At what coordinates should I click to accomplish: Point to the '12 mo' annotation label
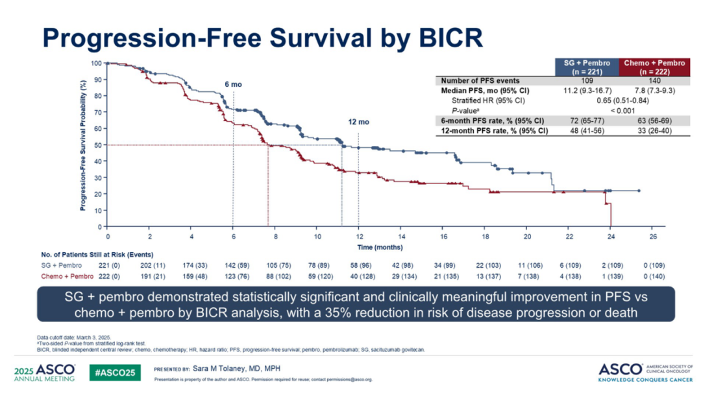click(358, 122)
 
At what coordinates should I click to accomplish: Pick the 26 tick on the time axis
click(653, 237)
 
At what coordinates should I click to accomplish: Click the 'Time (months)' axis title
click(380, 247)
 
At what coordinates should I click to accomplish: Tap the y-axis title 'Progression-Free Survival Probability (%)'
click(84, 145)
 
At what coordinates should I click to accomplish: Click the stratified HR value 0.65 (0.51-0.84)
click(619, 100)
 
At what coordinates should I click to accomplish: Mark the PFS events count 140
click(654, 81)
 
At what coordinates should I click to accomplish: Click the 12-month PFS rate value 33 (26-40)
click(654, 130)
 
